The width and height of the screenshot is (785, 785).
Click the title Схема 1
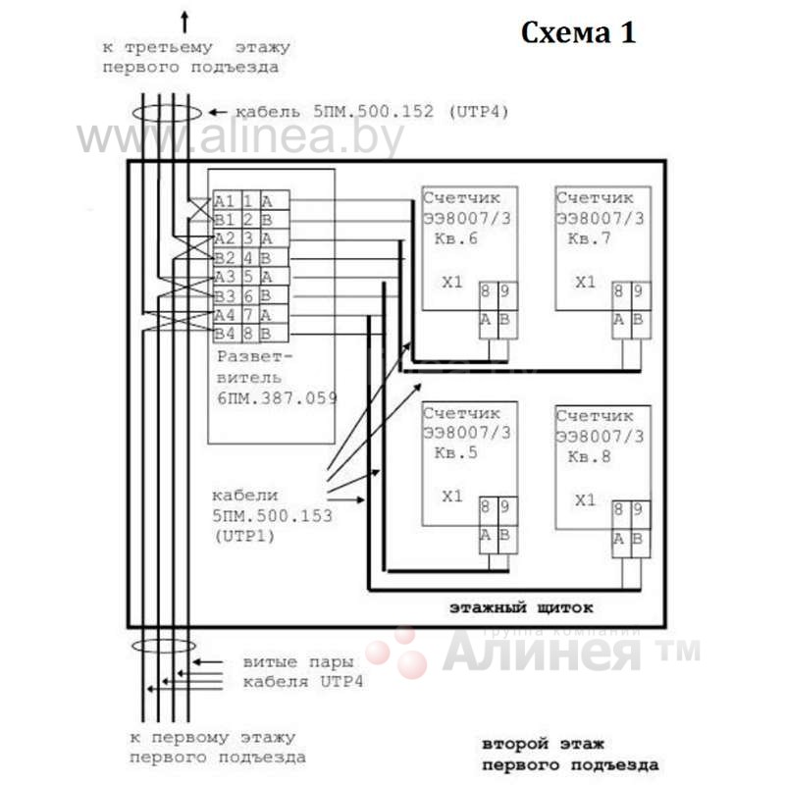578,32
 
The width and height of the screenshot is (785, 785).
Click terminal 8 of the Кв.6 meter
487,291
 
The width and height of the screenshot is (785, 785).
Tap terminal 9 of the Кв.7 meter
638,291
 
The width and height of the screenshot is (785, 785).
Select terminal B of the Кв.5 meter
504,535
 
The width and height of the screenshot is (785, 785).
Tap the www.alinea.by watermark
240,137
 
